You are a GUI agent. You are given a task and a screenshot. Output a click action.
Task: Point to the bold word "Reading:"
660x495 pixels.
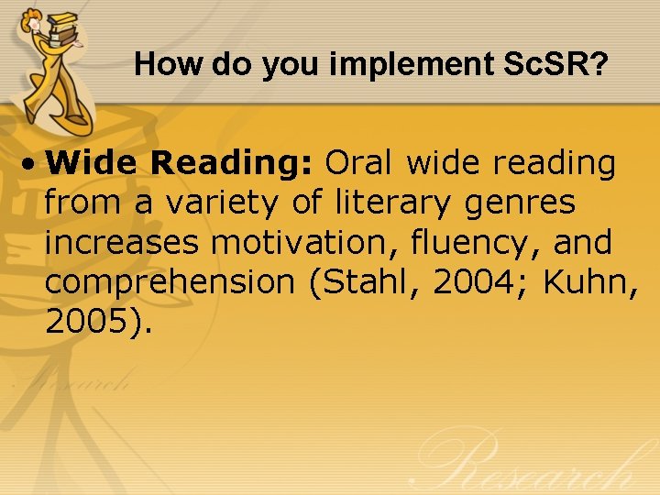click(233, 163)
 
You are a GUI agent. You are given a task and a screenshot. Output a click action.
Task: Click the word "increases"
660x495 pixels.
click(123, 242)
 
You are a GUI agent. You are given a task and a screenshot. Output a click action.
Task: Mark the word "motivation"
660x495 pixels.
click(291, 242)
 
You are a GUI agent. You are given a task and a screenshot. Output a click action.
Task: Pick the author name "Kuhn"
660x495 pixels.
click(586, 282)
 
